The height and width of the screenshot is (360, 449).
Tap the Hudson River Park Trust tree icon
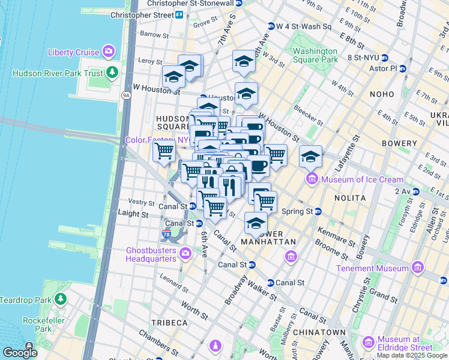point(112,73)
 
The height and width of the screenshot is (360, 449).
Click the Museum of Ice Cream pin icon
point(312,178)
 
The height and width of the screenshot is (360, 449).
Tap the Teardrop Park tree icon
point(61,299)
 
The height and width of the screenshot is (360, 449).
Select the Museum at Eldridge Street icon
point(368,343)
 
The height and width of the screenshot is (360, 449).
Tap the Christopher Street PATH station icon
point(179,14)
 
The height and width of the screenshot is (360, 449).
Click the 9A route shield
point(125,94)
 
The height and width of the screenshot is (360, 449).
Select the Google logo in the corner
point(20,353)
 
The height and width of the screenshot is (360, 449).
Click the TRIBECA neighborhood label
point(170,323)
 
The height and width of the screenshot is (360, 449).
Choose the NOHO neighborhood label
point(382,94)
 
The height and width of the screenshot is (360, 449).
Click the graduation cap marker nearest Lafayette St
point(310,157)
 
